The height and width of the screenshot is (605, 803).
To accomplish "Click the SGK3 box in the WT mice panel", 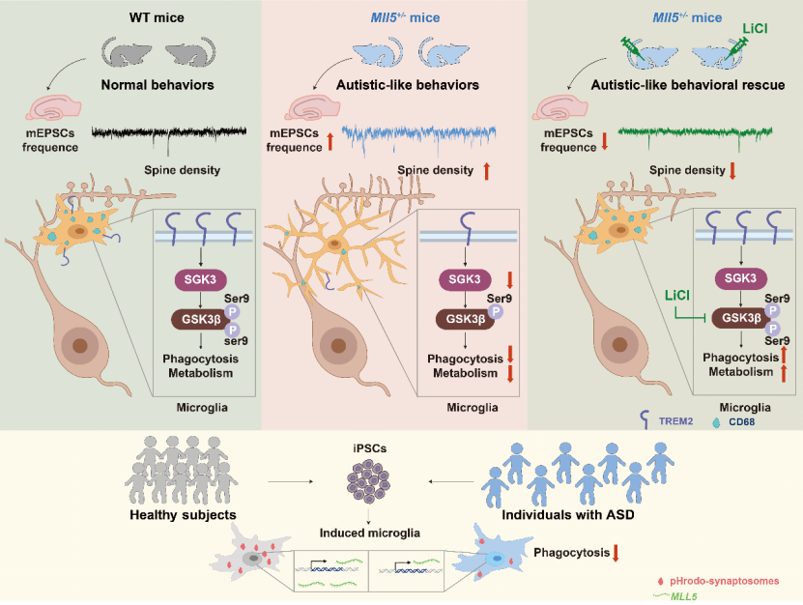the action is pos(200,279).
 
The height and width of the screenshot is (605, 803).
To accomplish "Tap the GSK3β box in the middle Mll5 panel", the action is pos(464,319).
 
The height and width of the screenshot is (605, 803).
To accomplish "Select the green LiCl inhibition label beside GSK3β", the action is pos(677,296).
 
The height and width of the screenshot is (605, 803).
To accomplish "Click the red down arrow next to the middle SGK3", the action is pos(509,279).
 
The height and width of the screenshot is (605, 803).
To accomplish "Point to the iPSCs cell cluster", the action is pos(369,479).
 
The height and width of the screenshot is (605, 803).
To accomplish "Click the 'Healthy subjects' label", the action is pos(183,515).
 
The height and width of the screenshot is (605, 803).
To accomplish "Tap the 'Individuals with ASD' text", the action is pos(568,515).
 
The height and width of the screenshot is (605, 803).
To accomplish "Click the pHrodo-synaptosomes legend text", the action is pos(724,581).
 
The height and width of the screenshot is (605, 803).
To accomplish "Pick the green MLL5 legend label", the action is pos(684,596).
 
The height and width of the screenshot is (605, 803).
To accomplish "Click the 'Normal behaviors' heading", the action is pos(158,85).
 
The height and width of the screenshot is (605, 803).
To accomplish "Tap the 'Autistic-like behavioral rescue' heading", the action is pos(688,85).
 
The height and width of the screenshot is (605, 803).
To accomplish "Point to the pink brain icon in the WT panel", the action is pos(53,107).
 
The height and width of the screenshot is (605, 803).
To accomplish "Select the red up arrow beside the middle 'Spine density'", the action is pos(486,171).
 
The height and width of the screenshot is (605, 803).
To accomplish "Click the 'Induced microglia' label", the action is pos(370,533).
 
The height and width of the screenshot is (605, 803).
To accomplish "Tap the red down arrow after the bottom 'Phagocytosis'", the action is pos(616,553).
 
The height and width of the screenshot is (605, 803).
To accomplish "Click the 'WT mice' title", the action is pos(157,18).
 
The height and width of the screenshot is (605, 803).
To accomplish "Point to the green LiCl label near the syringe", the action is pos(755,28).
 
